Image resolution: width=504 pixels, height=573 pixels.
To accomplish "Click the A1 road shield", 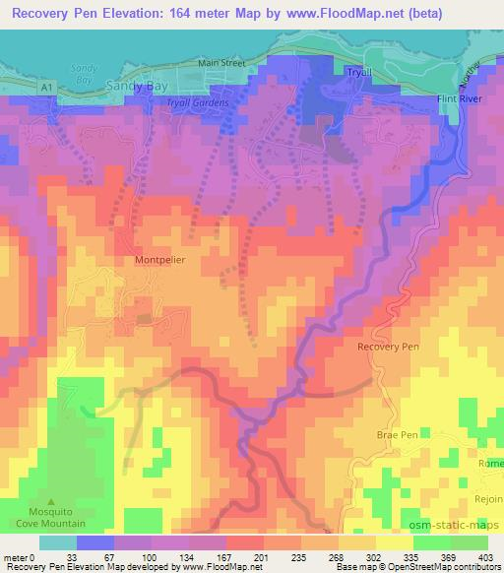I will coord(46,88).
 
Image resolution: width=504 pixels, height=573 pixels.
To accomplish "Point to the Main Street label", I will coord(220,62).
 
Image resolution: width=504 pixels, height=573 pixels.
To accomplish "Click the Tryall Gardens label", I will coord(199,102).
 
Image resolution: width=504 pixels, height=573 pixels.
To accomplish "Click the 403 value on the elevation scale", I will coord(483,557).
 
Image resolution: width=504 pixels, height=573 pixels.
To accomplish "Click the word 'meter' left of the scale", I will coord(14,557).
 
